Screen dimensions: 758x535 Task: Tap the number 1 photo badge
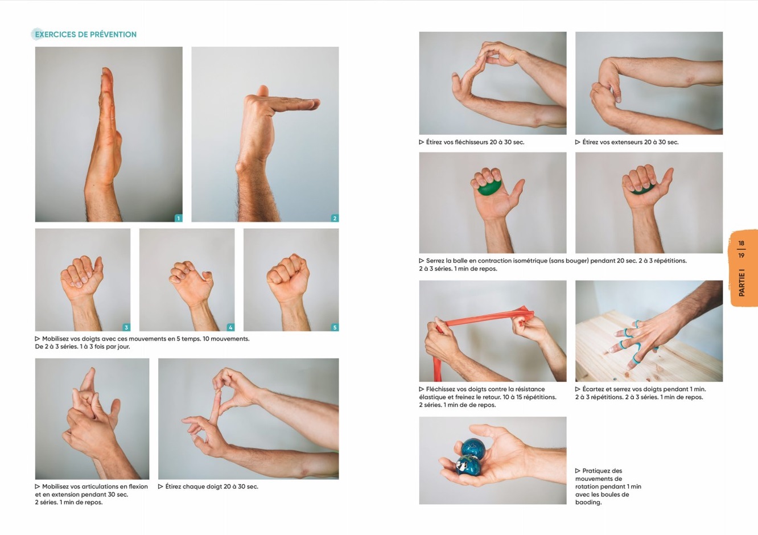click(178, 218)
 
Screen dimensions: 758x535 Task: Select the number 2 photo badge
click(335, 218)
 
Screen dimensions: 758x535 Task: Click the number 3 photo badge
click(126, 327)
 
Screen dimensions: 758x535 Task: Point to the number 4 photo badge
click(230, 327)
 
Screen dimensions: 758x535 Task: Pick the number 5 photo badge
click(335, 327)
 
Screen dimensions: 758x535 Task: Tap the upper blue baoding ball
click(473, 448)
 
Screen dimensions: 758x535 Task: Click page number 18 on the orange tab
click(741, 243)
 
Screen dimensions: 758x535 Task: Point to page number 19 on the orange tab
click(741, 256)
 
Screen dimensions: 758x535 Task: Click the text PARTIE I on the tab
click(741, 283)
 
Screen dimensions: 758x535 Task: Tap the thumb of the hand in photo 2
click(262, 91)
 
